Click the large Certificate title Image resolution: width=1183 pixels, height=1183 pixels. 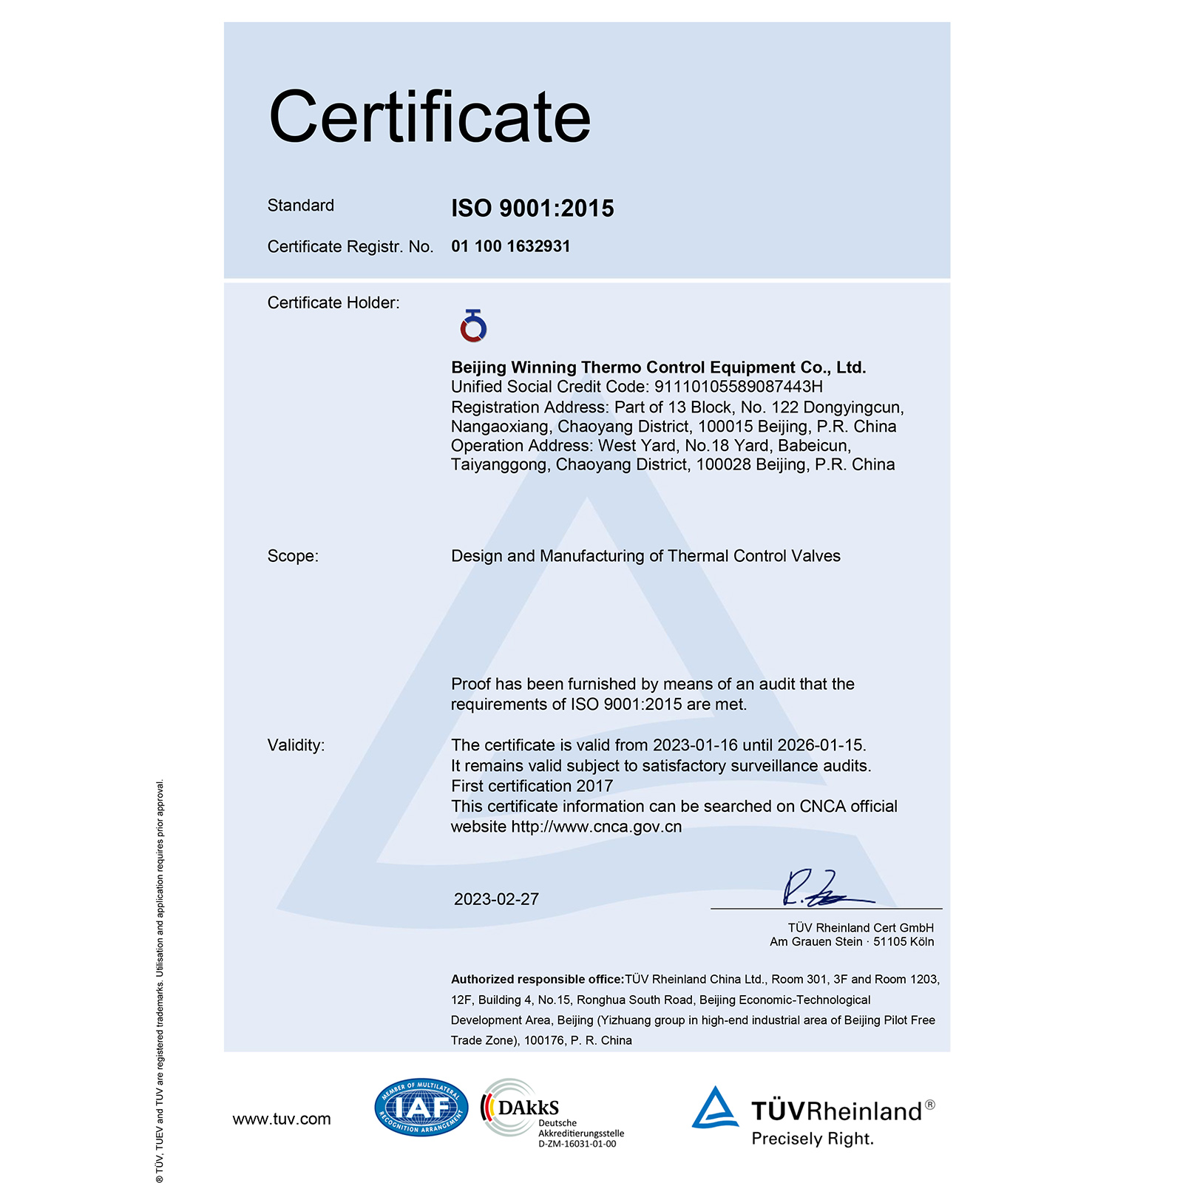tap(430, 117)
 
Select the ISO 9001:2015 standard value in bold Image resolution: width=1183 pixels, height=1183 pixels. tap(532, 209)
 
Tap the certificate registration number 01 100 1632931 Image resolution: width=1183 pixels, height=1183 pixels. tap(511, 246)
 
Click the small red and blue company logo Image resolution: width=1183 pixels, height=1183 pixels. tap(473, 326)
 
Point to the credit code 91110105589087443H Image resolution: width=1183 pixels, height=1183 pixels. tap(738, 387)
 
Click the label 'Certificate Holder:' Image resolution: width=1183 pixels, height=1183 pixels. tap(333, 302)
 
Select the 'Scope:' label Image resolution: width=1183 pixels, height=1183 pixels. tap(293, 556)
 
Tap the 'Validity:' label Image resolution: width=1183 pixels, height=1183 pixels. tap(296, 745)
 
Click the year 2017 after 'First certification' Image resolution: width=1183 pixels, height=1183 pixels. tap(594, 786)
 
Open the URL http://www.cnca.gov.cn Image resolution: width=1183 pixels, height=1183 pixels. tap(596, 827)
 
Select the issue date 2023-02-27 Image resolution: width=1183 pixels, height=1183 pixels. tap(496, 899)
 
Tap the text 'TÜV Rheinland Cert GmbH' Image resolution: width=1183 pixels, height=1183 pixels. tap(861, 928)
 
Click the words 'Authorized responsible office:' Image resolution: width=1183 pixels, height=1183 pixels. tap(538, 980)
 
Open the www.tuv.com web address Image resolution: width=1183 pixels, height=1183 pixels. tap(282, 1119)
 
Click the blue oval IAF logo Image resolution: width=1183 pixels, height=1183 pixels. tap(421, 1107)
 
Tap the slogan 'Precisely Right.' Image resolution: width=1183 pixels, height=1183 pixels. tap(813, 1139)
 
